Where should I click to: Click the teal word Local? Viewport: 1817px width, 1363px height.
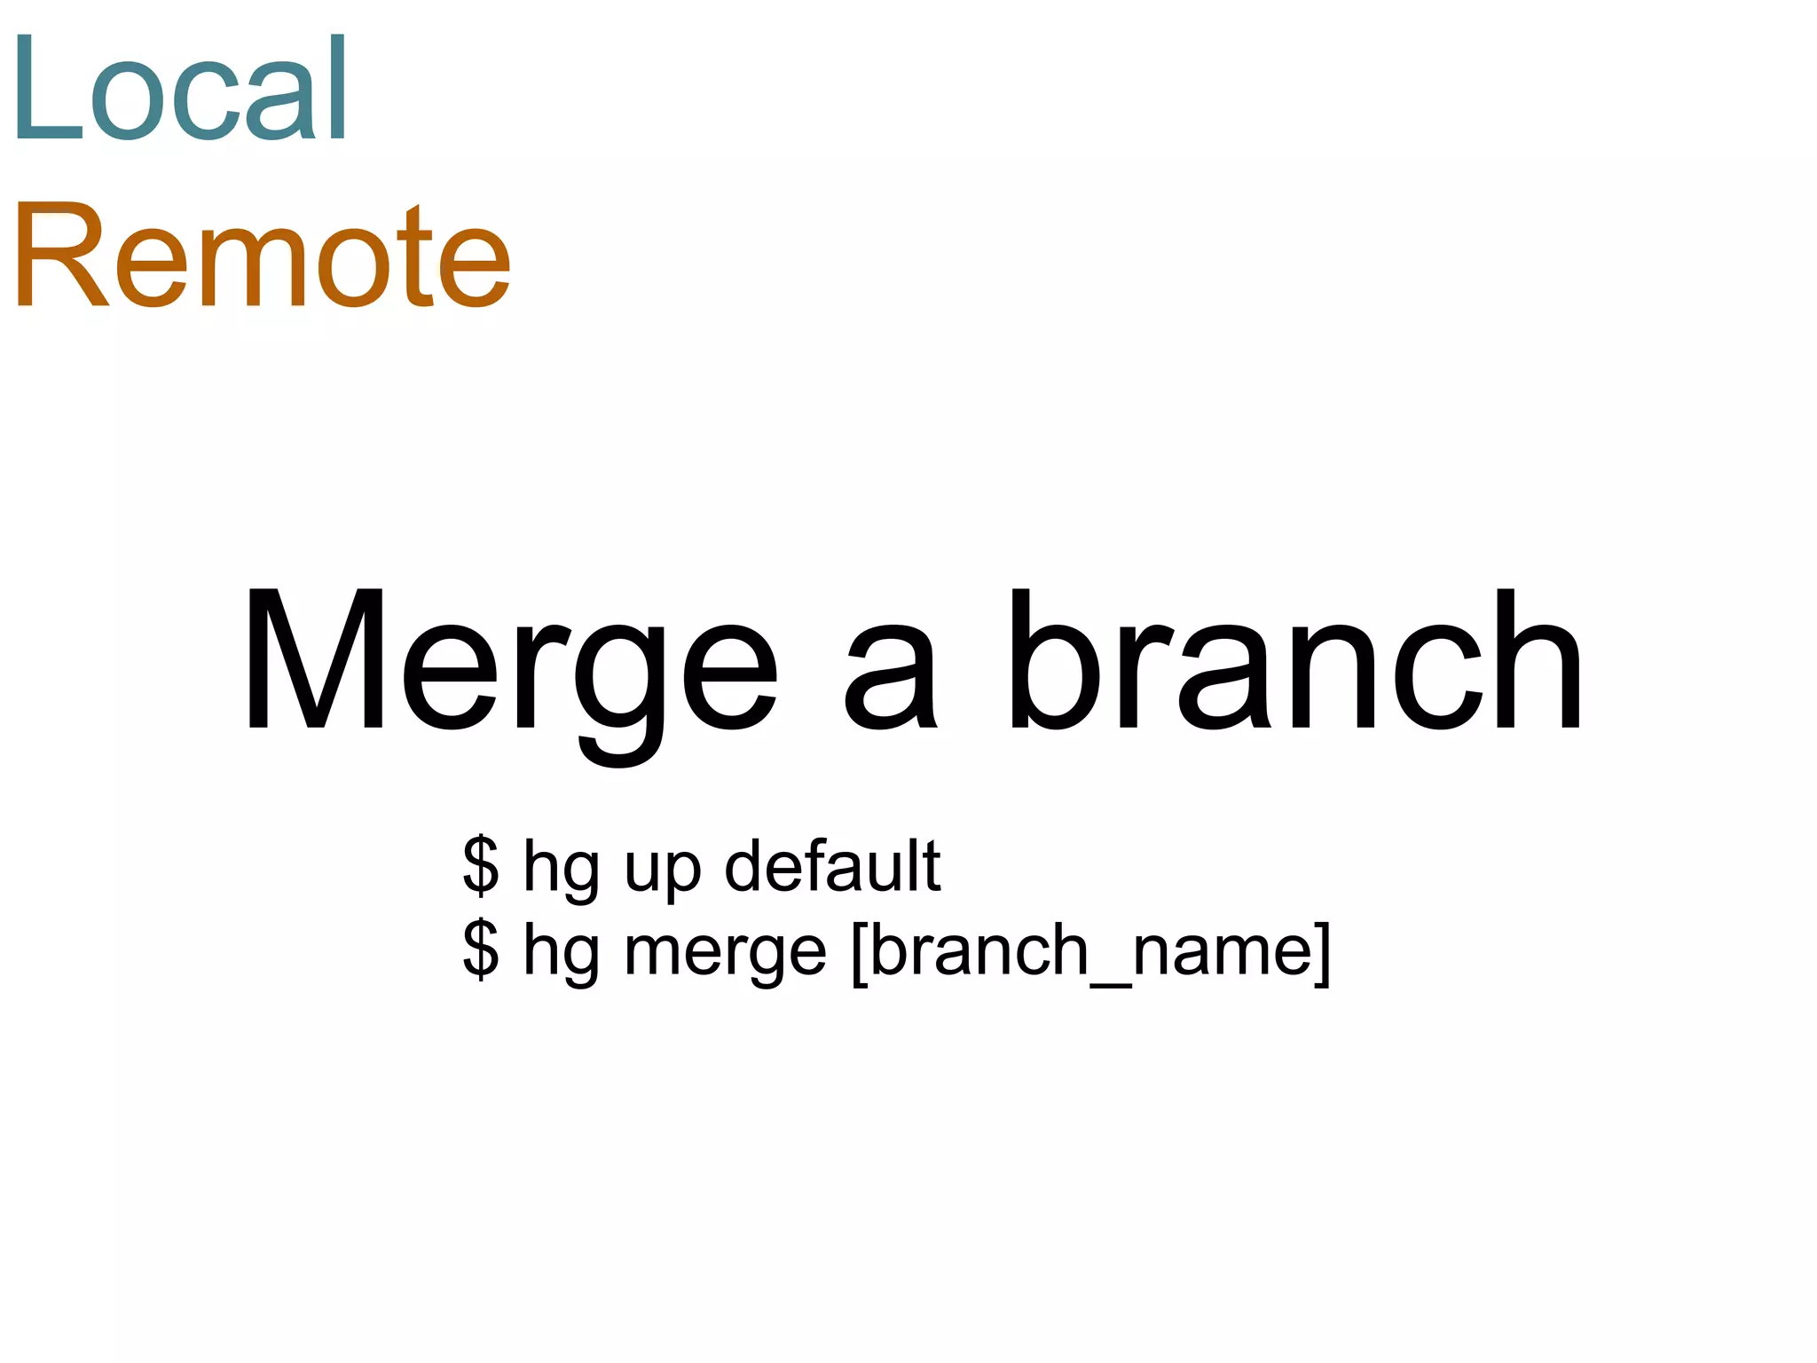tap(180, 89)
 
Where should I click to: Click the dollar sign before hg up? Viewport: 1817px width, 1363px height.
tap(481, 865)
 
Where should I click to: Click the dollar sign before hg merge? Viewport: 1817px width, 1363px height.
tap(481, 949)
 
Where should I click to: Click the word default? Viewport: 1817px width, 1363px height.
tap(832, 865)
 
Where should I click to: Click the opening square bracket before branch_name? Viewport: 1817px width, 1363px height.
tap(858, 952)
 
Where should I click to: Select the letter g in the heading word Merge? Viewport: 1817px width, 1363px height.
tap(618, 688)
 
